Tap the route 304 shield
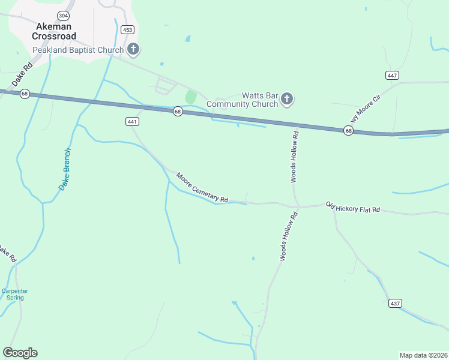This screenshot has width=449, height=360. pos(62,15)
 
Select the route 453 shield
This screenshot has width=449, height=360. pos(127,29)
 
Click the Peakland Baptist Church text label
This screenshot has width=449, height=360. pos(78,50)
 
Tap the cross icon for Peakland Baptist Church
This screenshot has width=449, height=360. pos(133,50)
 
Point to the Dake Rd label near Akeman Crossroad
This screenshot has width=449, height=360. pos(22,76)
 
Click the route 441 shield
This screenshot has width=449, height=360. pos(133,121)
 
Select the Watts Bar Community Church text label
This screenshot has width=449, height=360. pos(243,100)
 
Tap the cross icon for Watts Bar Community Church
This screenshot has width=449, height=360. pos(287,99)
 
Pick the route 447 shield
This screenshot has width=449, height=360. pos(393,75)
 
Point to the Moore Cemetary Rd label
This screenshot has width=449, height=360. pos(202,188)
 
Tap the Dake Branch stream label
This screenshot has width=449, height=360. pos(65,169)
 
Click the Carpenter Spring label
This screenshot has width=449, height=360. pos(15,294)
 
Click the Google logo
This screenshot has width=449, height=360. pos(20,353)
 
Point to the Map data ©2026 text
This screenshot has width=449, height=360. pos(423,355)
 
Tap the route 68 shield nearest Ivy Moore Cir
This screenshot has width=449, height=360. pos(348,131)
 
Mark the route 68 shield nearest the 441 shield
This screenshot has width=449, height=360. pos(178,112)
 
